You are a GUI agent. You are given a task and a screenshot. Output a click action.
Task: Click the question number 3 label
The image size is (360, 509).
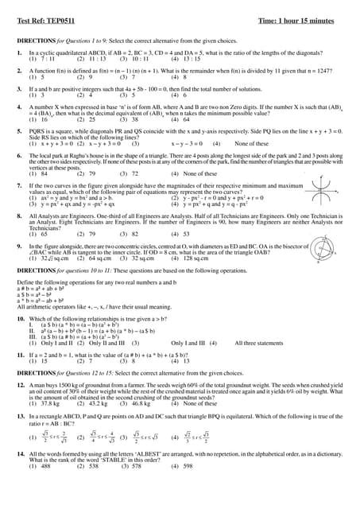pos(19,89)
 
